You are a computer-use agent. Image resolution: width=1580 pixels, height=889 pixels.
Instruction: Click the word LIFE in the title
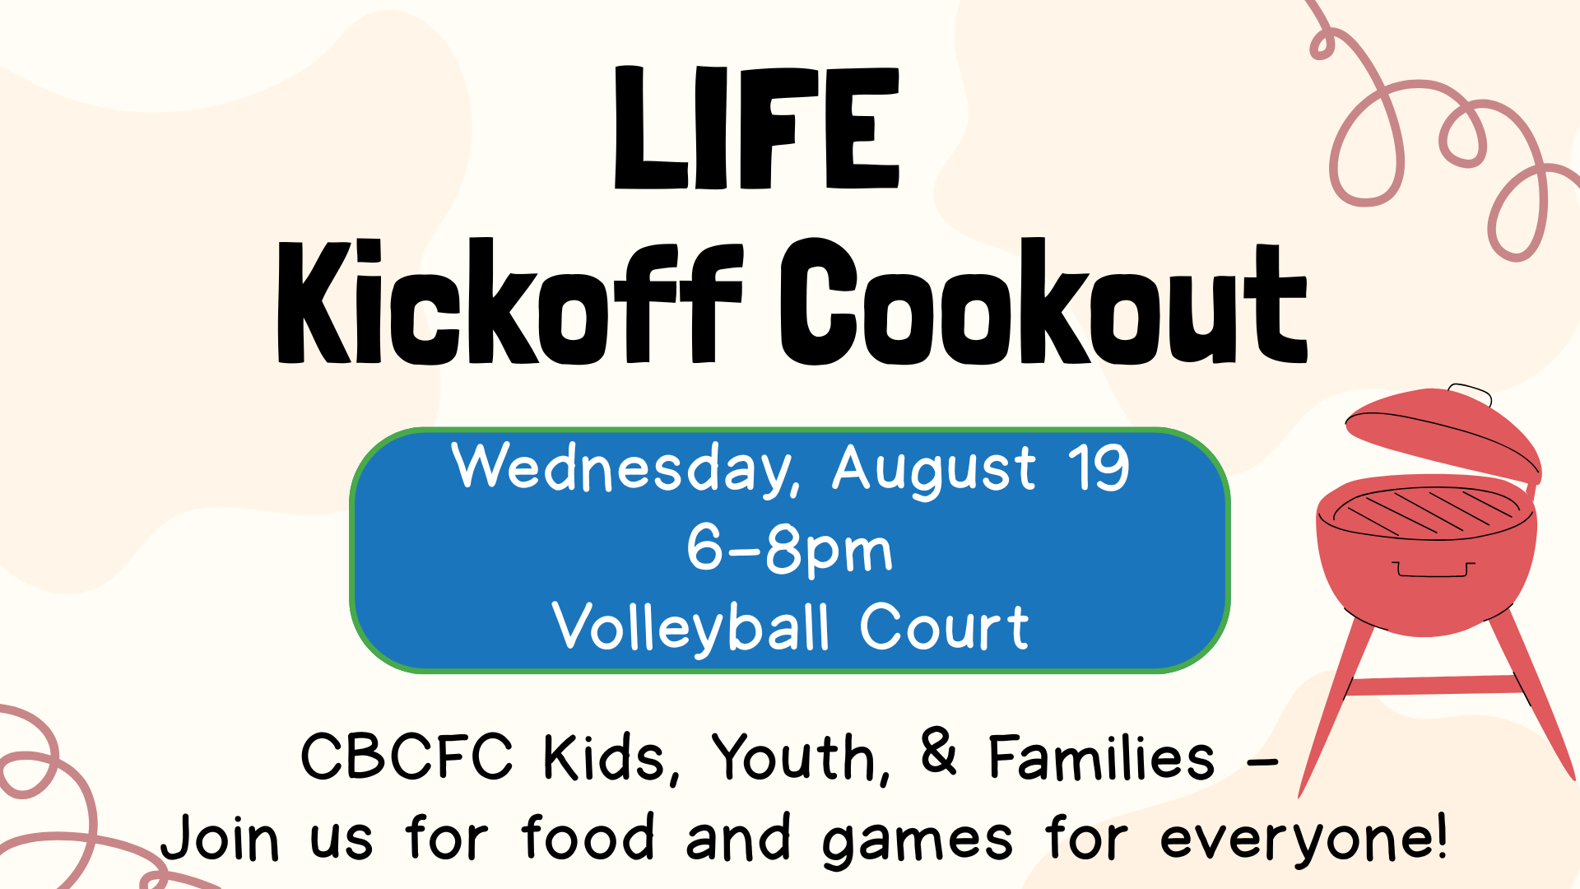pos(756,128)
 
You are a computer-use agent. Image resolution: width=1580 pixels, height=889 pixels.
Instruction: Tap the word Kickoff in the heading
pos(510,301)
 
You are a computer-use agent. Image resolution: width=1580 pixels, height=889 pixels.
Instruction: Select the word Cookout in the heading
pos(1043,301)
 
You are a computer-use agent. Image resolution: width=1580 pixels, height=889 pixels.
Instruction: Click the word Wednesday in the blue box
pos(625,469)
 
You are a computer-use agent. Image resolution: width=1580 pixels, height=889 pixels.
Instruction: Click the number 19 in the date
pos(1099,468)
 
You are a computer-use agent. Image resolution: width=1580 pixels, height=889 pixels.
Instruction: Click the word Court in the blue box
pos(945,627)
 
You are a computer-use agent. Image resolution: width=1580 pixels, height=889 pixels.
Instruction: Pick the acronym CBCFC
pos(407,756)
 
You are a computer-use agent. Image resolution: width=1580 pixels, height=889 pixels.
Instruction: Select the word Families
pos(1101,757)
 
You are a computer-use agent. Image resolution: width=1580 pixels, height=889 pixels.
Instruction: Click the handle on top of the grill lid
pos(1470,393)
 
